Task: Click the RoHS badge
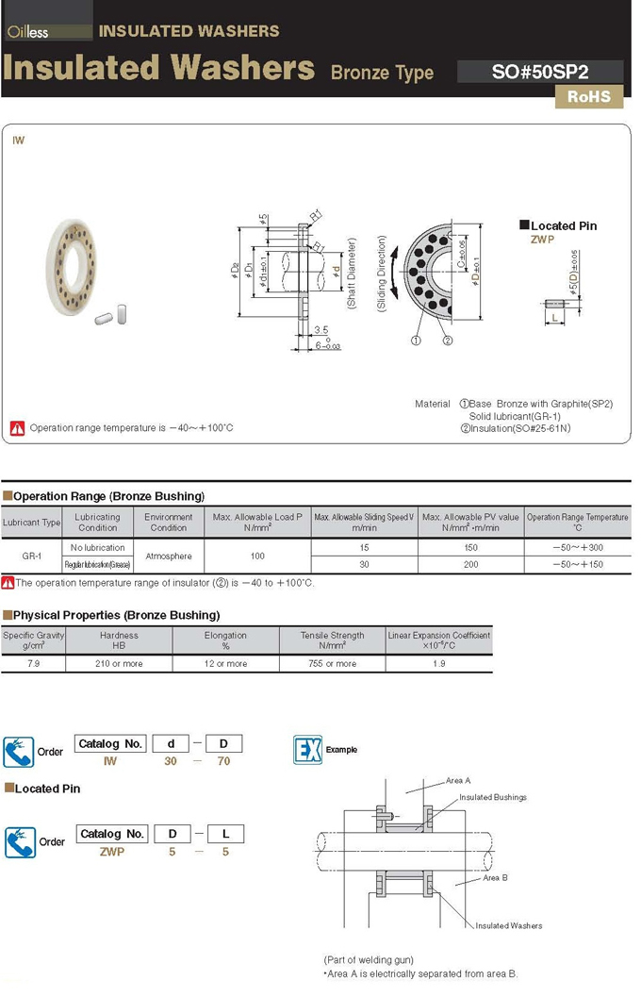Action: pyautogui.click(x=589, y=96)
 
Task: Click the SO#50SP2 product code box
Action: pyautogui.click(x=540, y=72)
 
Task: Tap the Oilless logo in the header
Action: pyautogui.click(x=28, y=32)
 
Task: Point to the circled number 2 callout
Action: pyautogui.click(x=448, y=341)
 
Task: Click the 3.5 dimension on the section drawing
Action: pyautogui.click(x=321, y=330)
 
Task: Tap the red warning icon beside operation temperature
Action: pyautogui.click(x=17, y=427)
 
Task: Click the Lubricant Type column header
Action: pyautogui.click(x=31, y=523)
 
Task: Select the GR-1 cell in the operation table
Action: pyautogui.click(x=31, y=556)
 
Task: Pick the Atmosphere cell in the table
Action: pyautogui.click(x=169, y=556)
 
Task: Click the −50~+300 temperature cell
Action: pyautogui.click(x=578, y=547)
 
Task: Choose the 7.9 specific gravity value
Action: pyautogui.click(x=31, y=663)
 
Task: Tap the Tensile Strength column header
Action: pyautogui.click(x=332, y=640)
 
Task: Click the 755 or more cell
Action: pyautogui.click(x=332, y=663)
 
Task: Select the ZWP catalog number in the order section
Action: pyautogui.click(x=112, y=851)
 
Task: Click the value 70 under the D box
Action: pyautogui.click(x=223, y=760)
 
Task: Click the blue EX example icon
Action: pyautogui.click(x=307, y=750)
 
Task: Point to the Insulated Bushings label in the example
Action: pyautogui.click(x=492, y=797)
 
